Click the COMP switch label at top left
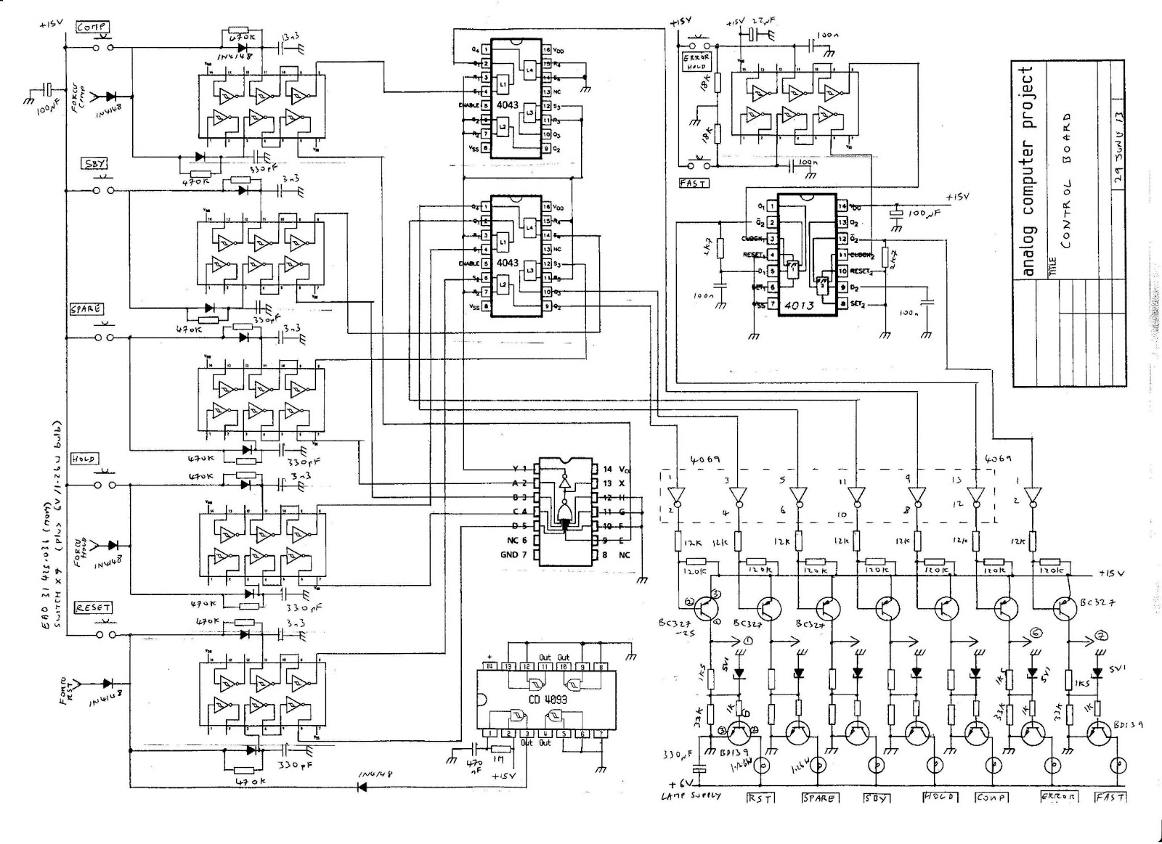(x=93, y=27)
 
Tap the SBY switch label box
(x=96, y=164)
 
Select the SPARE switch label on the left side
(x=86, y=308)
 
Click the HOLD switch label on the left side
(x=84, y=459)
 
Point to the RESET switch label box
(x=93, y=607)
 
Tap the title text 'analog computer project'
(x=1027, y=171)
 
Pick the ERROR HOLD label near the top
(x=696, y=60)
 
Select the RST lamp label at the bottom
(x=760, y=798)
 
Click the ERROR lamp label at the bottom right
(x=1058, y=797)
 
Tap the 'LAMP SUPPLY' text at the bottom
(x=691, y=796)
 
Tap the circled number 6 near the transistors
(x=1035, y=634)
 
